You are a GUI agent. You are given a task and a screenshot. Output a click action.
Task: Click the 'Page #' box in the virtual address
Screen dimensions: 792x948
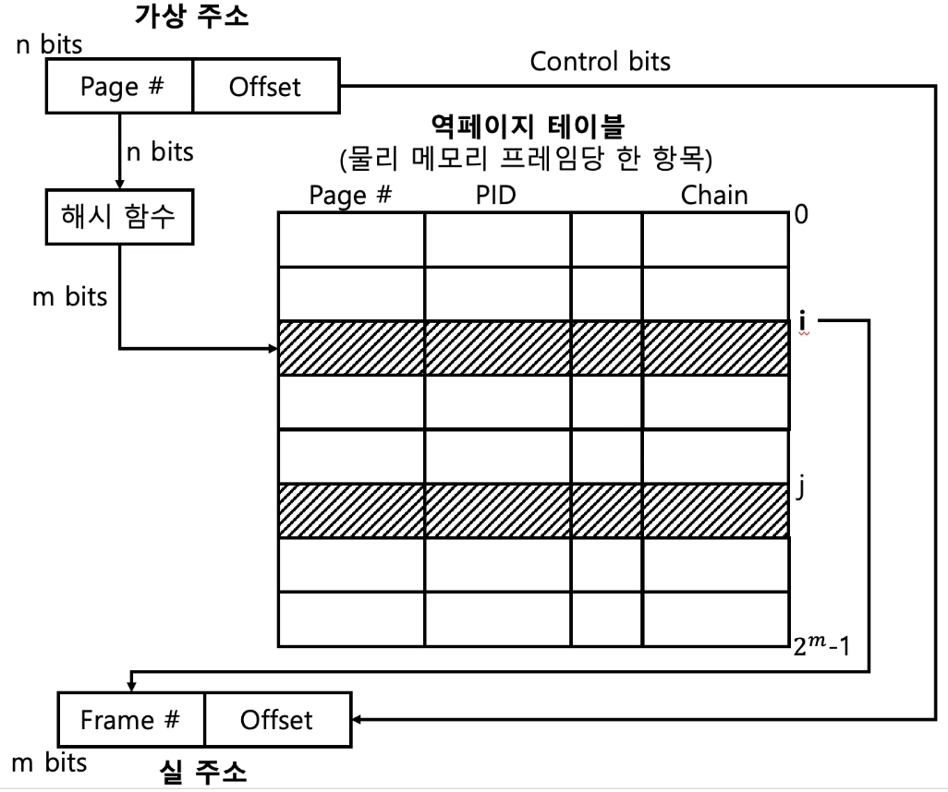[120, 88]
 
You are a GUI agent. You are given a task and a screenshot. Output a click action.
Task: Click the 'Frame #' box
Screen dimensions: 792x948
[130, 719]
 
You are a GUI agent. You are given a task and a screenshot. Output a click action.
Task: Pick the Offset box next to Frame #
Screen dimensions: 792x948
[276, 719]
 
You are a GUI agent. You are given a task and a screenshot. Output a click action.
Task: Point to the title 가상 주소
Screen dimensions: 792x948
[192, 18]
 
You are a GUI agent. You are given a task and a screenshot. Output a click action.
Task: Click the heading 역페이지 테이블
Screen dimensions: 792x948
[525, 125]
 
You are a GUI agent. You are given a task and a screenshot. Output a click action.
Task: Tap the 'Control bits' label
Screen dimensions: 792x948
[600, 63]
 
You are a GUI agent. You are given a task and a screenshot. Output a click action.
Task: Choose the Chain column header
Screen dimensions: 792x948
[714, 195]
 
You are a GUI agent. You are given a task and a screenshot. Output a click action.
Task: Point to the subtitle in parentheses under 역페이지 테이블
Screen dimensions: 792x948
[525, 159]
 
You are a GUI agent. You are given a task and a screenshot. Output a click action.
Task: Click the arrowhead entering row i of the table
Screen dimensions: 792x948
[273, 349]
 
